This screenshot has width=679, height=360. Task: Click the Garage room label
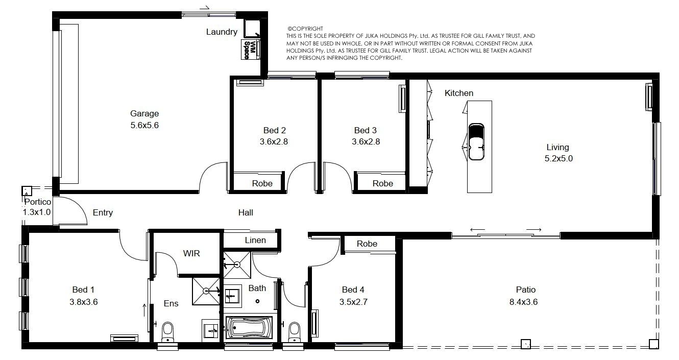point(144,113)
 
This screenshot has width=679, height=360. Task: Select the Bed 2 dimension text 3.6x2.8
point(274,141)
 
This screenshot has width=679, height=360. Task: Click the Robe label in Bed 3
point(383,183)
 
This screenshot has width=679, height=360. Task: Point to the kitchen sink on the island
point(476,141)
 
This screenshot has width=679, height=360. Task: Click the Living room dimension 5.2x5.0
point(559,159)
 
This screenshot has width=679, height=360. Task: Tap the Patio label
point(526,290)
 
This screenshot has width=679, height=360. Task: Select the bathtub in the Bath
point(249,328)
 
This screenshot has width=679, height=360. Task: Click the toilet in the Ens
point(167,332)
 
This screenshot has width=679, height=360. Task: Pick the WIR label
point(191,253)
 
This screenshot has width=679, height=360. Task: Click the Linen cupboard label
point(255,240)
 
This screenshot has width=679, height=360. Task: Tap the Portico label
point(38,202)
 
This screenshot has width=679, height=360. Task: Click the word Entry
point(103,212)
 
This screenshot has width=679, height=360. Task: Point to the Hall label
point(246,212)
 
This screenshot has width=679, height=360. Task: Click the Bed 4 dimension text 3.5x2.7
point(353,302)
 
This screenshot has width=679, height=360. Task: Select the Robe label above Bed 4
point(367,244)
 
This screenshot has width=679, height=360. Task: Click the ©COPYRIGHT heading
point(305,29)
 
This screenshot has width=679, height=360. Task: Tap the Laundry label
point(222,32)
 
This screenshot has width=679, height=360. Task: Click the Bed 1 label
point(83,290)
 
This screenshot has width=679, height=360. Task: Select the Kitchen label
point(458,93)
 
